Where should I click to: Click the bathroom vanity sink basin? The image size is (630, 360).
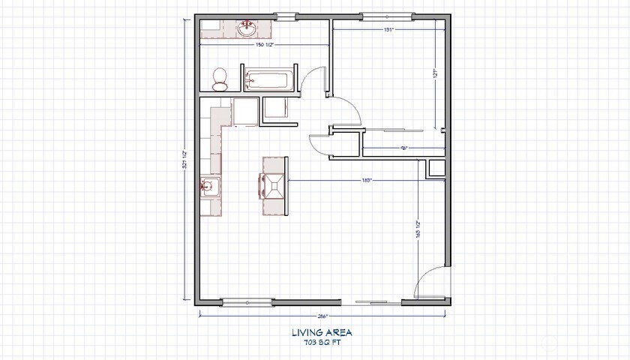point(247,28)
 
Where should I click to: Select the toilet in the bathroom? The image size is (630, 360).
point(220,78)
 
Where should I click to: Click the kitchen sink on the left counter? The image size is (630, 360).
point(210,185)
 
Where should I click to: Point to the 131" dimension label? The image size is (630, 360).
point(388,29)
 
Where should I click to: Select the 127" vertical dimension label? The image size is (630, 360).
point(434,74)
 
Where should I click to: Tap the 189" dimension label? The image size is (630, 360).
point(367,180)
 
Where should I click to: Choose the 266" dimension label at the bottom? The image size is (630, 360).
point(324,316)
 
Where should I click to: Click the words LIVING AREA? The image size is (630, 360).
point(321,331)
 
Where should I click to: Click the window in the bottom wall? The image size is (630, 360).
point(247,302)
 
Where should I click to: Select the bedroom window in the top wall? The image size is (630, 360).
point(386,15)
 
